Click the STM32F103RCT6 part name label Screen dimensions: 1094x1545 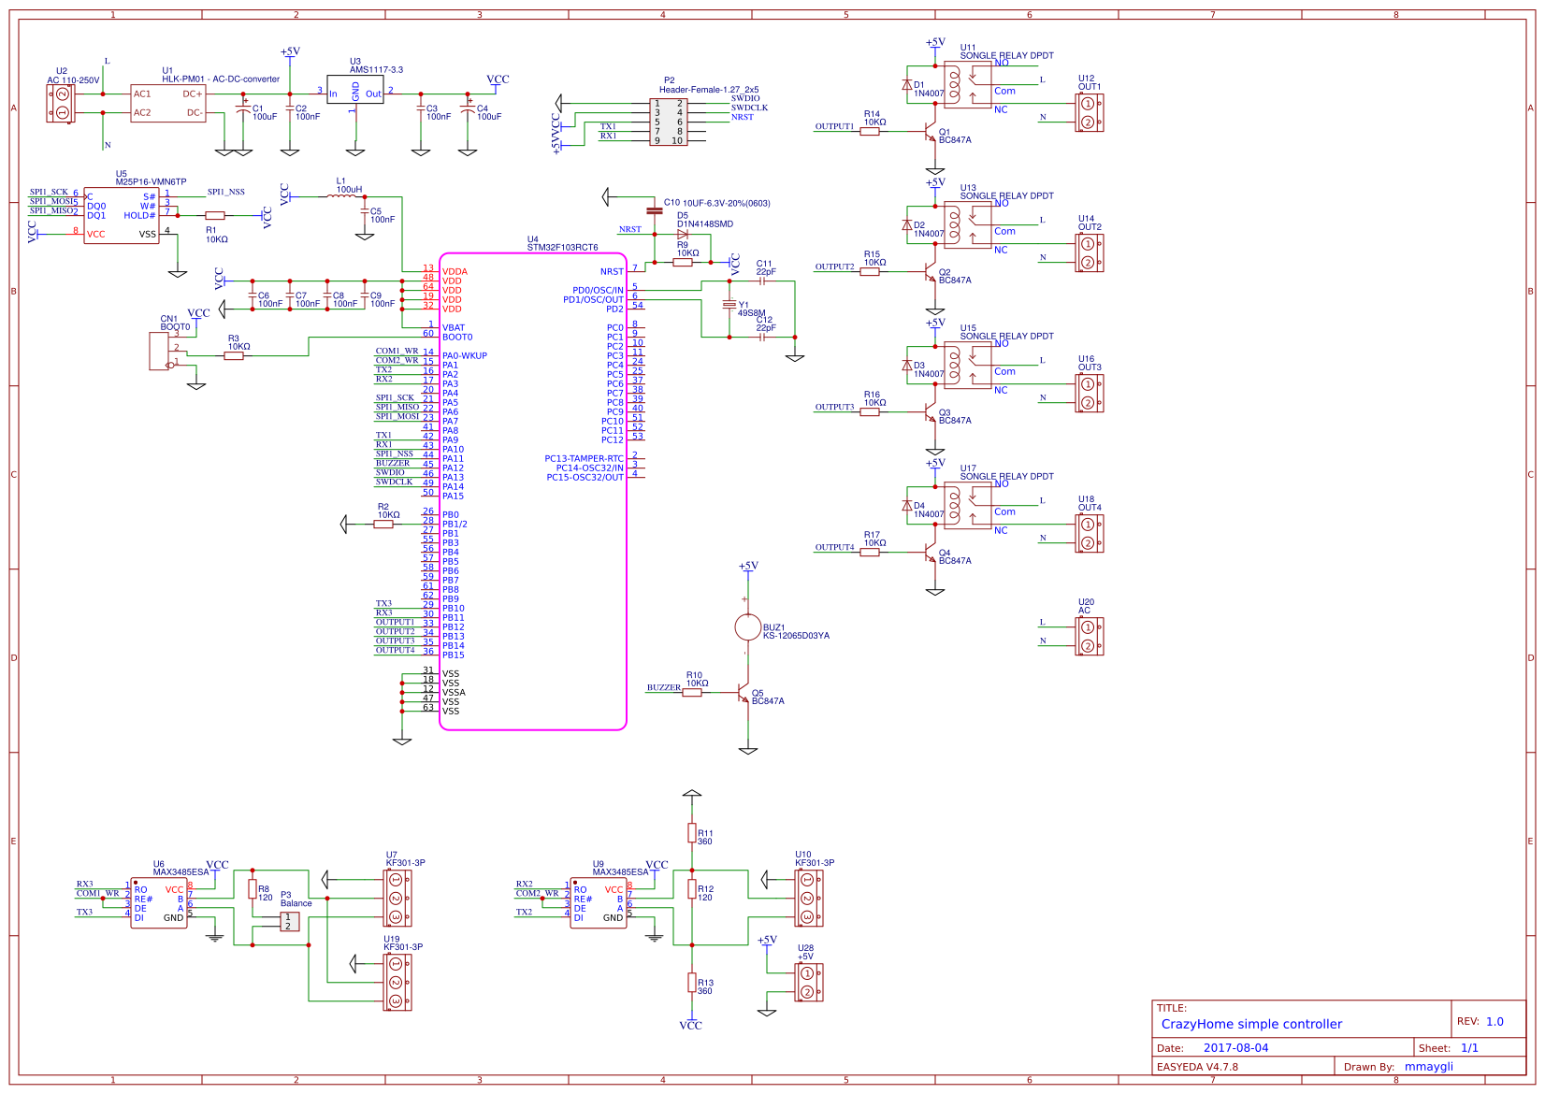[x=562, y=248]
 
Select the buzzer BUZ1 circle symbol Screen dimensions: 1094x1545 [x=747, y=626]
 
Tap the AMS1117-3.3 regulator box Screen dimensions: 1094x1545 [x=354, y=90]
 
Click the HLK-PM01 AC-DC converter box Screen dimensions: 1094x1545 [x=168, y=103]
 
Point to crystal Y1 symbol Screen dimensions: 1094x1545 [x=729, y=306]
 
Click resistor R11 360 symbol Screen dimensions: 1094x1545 [x=691, y=832]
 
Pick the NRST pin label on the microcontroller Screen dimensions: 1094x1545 [x=612, y=272]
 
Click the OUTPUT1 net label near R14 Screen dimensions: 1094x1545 [x=834, y=126]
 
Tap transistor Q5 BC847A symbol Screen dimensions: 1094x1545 [x=744, y=696]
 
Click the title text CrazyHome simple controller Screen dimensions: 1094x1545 [x=1251, y=1024]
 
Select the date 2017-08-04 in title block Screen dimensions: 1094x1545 [x=1235, y=1048]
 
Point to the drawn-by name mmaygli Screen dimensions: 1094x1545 [x=1428, y=1067]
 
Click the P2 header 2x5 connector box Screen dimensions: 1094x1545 [x=669, y=122]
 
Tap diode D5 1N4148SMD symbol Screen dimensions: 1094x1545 [x=683, y=235]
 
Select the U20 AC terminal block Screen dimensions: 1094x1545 [x=1089, y=636]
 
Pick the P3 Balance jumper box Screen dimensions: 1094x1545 [x=290, y=921]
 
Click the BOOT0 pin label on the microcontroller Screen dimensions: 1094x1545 [x=457, y=338]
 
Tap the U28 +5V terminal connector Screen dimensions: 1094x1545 [x=809, y=982]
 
